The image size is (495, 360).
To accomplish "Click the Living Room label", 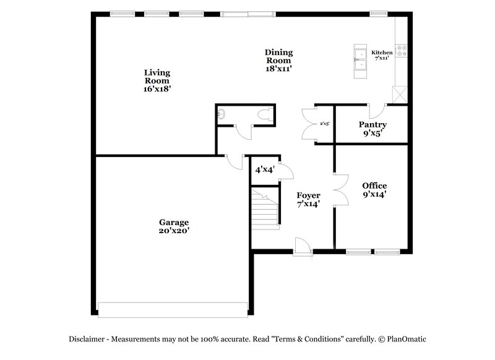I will point(157,80).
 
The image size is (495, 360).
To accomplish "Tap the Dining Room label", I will point(278,60).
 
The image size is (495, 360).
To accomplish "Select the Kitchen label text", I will point(382,53).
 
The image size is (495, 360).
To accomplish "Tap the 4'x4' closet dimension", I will point(265,169).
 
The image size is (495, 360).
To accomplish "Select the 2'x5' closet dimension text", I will point(324,124).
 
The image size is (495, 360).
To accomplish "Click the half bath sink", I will point(222,114).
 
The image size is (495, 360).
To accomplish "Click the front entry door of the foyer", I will point(303,246).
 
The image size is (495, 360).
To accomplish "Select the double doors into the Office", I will point(338,188).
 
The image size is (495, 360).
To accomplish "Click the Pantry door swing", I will point(379,109).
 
